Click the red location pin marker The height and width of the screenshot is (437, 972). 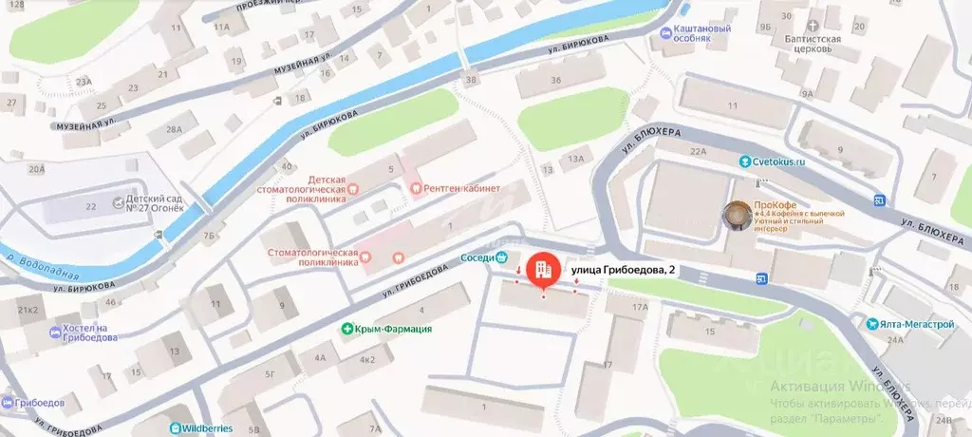pyautogui.click(x=544, y=270)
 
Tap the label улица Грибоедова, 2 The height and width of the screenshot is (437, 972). pyautogui.click(x=624, y=271)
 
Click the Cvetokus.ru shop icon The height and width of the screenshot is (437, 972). pyautogui.click(x=747, y=161)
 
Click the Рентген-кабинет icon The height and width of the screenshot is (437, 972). pyautogui.click(x=415, y=188)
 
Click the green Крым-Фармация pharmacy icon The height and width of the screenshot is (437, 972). pyautogui.click(x=349, y=329)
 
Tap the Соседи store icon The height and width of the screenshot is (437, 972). pyautogui.click(x=501, y=256)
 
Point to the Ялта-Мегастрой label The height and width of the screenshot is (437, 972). pyautogui.click(x=915, y=323)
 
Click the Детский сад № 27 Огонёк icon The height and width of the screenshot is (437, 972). pyautogui.click(x=119, y=202)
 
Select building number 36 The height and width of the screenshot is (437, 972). pyautogui.click(x=555, y=80)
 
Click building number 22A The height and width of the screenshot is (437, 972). pyautogui.click(x=700, y=151)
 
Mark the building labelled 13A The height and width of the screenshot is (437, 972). pyautogui.click(x=575, y=160)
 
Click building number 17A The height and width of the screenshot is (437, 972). pyautogui.click(x=640, y=307)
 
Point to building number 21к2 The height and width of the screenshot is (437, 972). pyautogui.click(x=28, y=310)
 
